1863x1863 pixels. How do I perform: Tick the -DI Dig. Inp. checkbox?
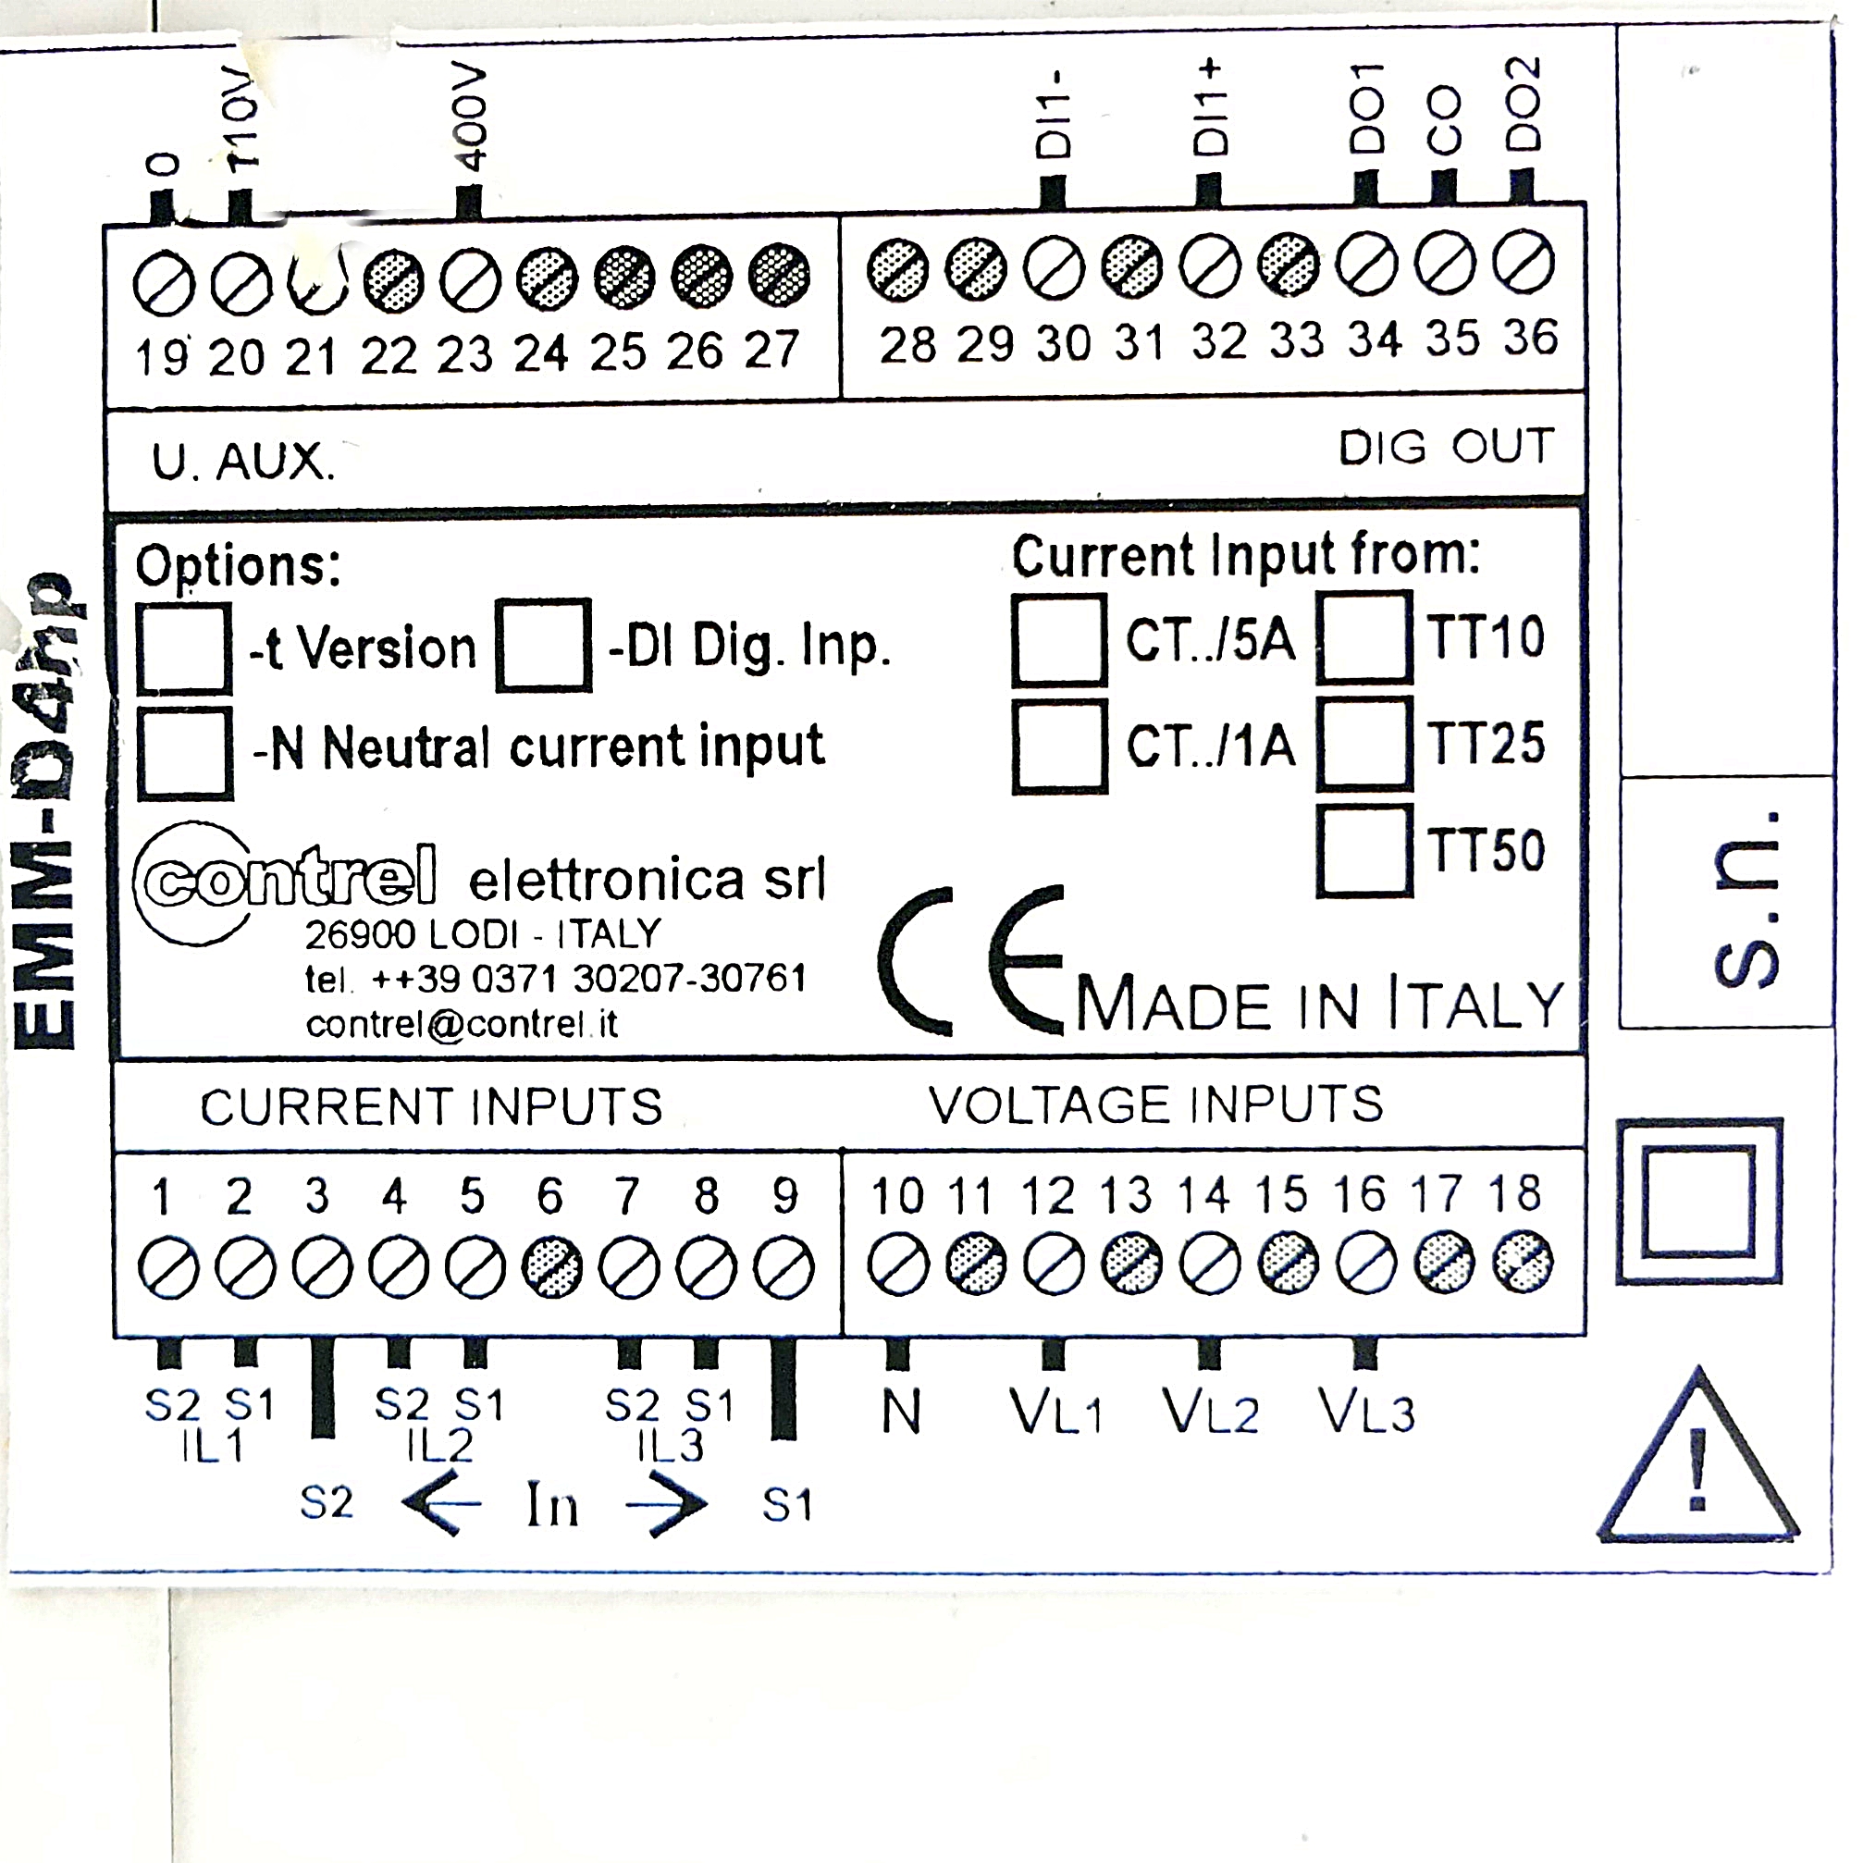(x=543, y=644)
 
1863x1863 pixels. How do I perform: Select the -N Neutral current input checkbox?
(x=184, y=753)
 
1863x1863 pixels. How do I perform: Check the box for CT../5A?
(x=1059, y=640)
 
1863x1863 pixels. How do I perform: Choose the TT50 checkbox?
(x=1363, y=851)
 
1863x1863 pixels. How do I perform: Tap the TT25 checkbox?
(x=1363, y=744)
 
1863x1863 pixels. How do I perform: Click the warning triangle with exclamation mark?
(x=1697, y=1461)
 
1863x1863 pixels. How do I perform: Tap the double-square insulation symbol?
(x=1698, y=1202)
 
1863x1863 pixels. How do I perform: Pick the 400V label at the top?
(x=470, y=117)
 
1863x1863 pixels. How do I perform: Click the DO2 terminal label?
(x=1524, y=105)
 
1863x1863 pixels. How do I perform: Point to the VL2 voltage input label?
(x=1210, y=1413)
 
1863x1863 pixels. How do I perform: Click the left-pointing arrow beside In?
(x=440, y=1502)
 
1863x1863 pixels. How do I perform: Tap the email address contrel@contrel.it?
(x=461, y=1024)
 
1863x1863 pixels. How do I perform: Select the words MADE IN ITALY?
(x=1317, y=1005)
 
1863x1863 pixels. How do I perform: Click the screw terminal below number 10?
(x=898, y=1265)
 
